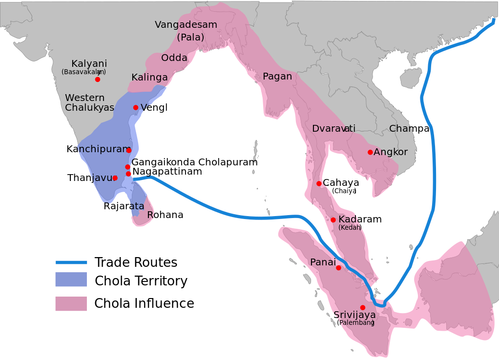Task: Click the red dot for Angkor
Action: (x=370, y=152)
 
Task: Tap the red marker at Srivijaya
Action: (x=362, y=307)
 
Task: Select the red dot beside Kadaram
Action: (x=333, y=220)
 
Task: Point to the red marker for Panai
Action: (x=338, y=268)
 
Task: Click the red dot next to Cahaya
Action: (x=319, y=183)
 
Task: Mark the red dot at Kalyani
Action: (x=98, y=79)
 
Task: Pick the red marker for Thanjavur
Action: (x=115, y=178)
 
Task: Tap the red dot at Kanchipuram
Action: (x=129, y=150)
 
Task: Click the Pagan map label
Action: (x=277, y=77)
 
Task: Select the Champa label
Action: (x=409, y=129)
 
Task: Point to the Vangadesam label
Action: (x=186, y=25)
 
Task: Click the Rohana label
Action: (x=165, y=215)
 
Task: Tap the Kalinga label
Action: (x=149, y=78)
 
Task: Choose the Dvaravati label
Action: (x=334, y=129)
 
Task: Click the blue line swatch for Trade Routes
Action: (x=71, y=262)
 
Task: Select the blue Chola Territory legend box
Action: (x=71, y=280)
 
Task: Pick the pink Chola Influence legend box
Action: (x=71, y=303)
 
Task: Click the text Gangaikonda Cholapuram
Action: (x=194, y=162)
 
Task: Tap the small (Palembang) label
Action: (x=356, y=322)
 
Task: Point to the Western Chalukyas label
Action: (x=89, y=103)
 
